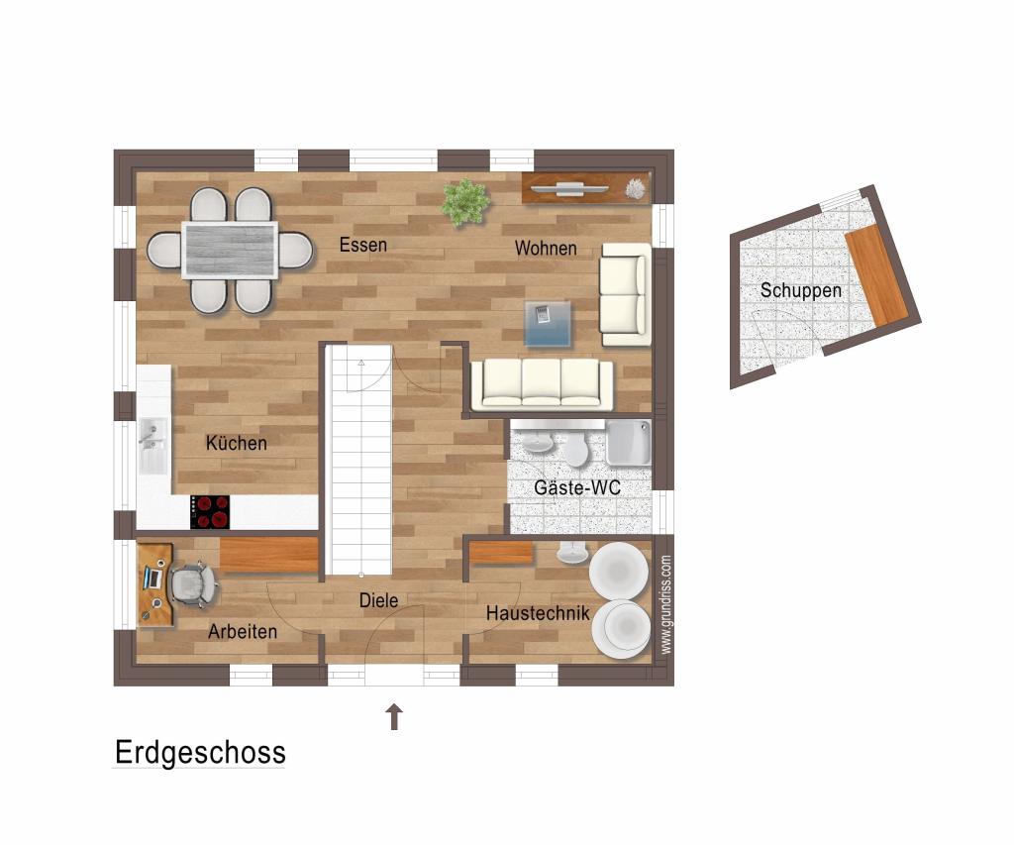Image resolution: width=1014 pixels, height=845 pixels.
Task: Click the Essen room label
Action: click(x=362, y=245)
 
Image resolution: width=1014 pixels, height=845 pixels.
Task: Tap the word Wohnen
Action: click(x=545, y=249)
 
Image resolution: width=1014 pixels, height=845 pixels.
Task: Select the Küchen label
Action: click(x=237, y=443)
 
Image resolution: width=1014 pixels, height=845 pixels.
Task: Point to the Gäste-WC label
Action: click(x=577, y=487)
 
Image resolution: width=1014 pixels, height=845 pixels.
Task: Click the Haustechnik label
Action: click(x=538, y=614)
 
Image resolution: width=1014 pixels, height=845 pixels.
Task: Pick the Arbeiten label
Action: click(x=243, y=631)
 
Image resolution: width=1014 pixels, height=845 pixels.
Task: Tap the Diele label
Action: click(x=379, y=600)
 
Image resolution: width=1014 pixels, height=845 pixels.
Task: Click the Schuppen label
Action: click(x=801, y=290)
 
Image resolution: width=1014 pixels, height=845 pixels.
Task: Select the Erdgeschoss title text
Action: click(x=200, y=752)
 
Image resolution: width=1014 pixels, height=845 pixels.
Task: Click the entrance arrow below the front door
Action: click(x=394, y=716)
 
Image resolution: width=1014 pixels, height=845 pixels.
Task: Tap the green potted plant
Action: click(x=465, y=202)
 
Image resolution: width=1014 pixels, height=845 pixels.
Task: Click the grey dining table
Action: click(x=230, y=250)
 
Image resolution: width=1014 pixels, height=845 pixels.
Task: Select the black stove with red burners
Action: click(x=210, y=511)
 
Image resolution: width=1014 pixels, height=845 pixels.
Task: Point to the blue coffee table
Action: click(x=548, y=323)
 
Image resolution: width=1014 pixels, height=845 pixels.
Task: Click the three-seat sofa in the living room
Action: click(x=542, y=384)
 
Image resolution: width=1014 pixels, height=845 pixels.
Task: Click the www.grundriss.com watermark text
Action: click(x=665, y=604)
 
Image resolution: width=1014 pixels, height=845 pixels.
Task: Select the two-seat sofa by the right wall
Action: click(x=625, y=294)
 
